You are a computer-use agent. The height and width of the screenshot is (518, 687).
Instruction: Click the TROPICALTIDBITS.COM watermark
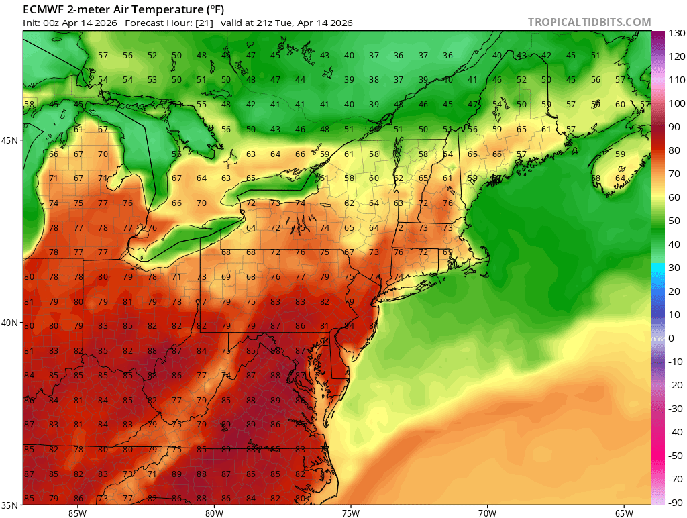(x=589, y=22)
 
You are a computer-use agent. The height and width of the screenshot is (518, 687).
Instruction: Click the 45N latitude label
(x=11, y=140)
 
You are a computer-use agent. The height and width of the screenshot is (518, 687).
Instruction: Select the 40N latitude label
(x=11, y=323)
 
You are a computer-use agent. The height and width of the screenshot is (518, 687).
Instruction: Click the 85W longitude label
(x=77, y=513)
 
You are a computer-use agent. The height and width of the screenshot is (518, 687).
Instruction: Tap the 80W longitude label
(x=214, y=513)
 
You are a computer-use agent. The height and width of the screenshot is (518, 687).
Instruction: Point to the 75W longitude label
(x=350, y=513)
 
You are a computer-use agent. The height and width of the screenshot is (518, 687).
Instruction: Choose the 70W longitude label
(x=487, y=513)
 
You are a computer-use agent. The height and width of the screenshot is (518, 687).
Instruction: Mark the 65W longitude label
(x=623, y=513)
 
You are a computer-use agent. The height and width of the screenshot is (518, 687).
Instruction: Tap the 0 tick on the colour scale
(x=672, y=338)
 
